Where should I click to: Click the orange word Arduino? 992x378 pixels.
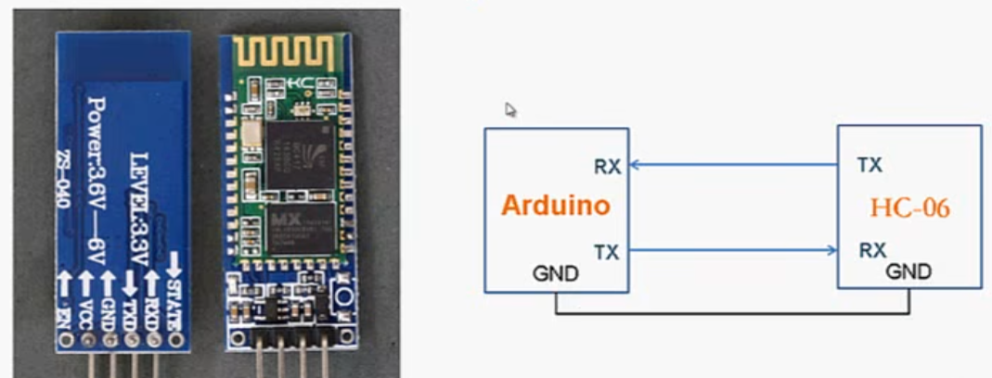(x=556, y=205)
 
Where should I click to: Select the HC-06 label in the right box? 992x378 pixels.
(x=909, y=208)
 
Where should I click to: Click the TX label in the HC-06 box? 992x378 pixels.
(x=870, y=166)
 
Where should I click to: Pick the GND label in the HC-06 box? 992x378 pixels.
(x=908, y=272)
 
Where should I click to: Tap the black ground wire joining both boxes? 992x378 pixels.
(x=733, y=313)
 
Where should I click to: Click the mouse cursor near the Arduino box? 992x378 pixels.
(x=509, y=108)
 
